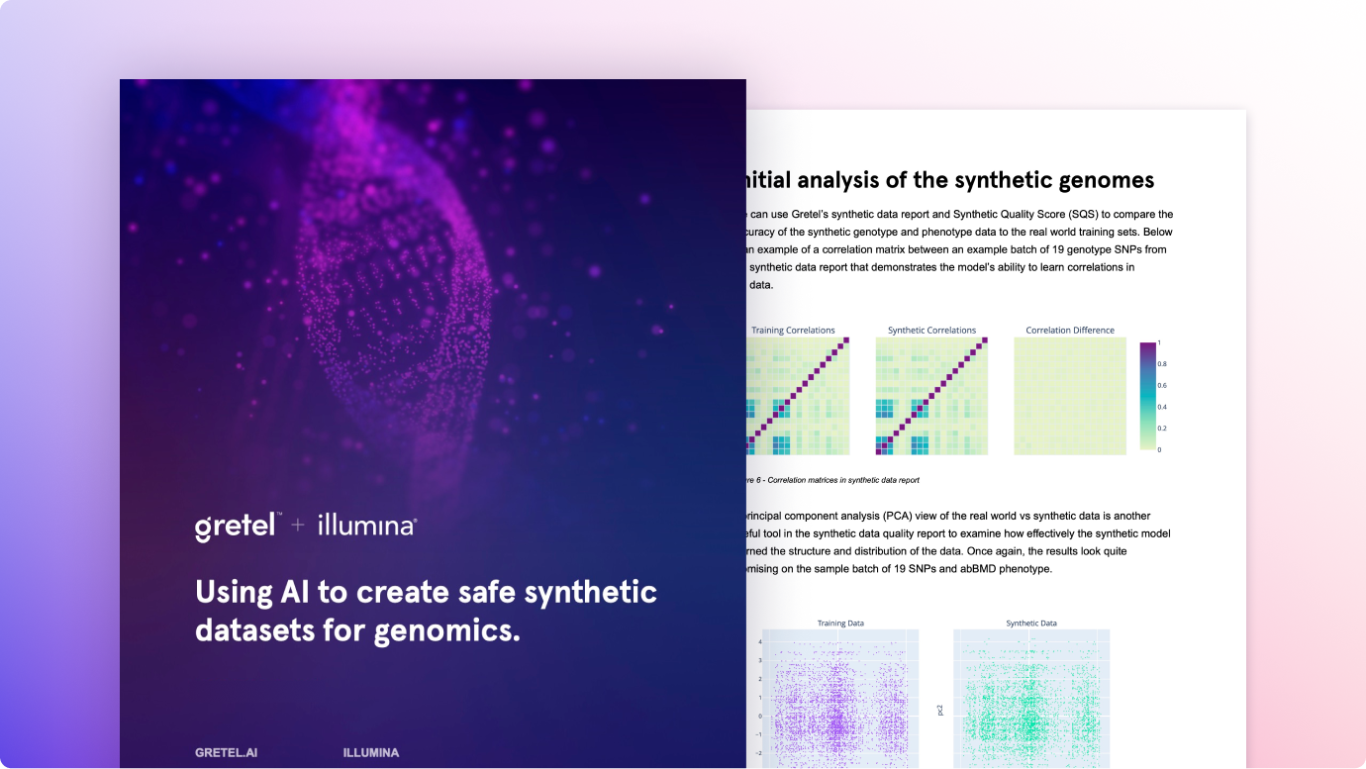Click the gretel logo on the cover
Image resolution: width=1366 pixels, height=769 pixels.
click(235, 526)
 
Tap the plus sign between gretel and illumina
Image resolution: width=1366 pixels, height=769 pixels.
click(298, 527)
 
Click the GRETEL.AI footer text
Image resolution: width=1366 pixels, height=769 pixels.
click(227, 753)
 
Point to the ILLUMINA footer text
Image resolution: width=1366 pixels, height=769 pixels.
click(371, 753)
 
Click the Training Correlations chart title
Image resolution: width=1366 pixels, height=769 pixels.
click(793, 331)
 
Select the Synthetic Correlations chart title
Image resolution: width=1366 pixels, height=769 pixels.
click(931, 331)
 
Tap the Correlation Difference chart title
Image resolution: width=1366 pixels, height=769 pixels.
click(1070, 331)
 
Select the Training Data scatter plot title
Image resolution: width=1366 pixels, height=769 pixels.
click(840, 624)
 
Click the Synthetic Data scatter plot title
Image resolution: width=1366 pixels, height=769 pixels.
click(1031, 624)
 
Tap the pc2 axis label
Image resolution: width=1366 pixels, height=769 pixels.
click(939, 710)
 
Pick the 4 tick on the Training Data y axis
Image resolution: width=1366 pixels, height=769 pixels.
click(759, 642)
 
